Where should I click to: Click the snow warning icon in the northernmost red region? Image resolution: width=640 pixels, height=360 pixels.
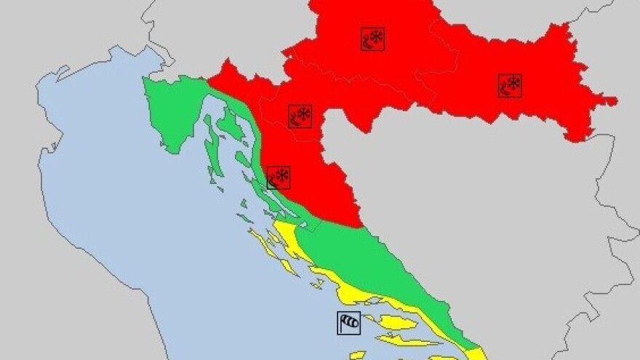click(372, 39)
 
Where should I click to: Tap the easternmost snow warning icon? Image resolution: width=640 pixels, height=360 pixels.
click(510, 85)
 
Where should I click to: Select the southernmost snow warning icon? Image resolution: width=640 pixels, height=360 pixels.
click(279, 177)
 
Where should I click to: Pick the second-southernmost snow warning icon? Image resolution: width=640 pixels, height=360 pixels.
click(300, 116)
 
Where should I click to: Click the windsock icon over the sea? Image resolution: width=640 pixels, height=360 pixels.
click(348, 322)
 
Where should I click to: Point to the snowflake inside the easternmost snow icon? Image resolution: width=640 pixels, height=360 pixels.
click(514, 83)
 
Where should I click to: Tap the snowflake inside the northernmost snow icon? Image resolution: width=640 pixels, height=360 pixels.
click(377, 36)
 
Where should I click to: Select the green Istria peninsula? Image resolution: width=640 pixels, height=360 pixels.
click(172, 113)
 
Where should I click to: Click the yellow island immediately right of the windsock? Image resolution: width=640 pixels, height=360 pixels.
click(397, 322)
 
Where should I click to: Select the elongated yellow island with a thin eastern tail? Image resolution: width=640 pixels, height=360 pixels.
click(407, 340)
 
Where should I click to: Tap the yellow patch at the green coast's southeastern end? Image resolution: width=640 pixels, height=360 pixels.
click(476, 354)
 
